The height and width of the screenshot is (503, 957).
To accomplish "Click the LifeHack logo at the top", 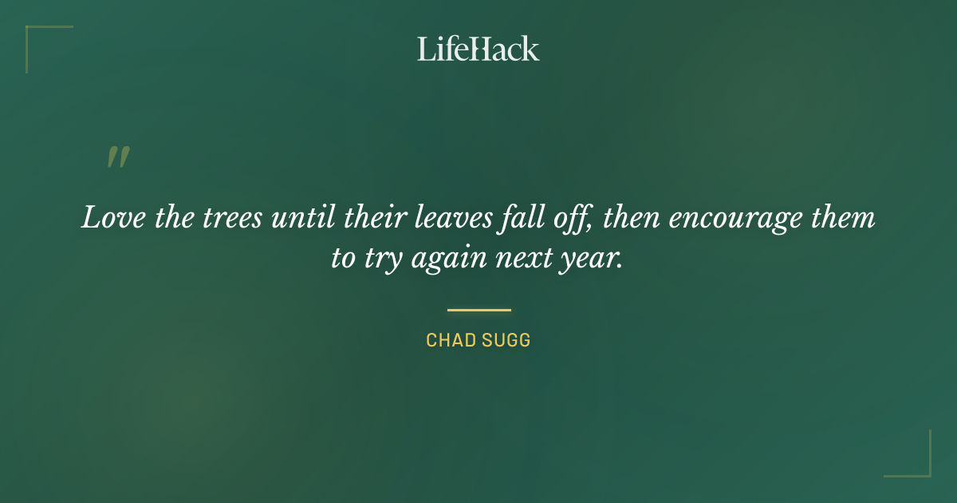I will click(x=478, y=49).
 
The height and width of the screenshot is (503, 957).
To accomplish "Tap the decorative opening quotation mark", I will click(x=117, y=157).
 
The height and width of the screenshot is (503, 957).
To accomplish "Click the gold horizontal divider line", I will click(x=478, y=310).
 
